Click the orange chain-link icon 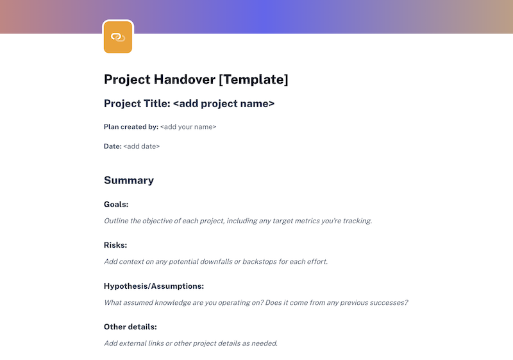coord(117,37)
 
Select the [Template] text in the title coord(253,80)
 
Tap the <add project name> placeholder coord(224,103)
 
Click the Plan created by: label coord(131,127)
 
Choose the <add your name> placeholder coord(189,127)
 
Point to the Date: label coord(112,146)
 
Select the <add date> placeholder coord(142,146)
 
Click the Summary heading coord(129,180)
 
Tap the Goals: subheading coord(116,205)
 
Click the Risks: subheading coord(115,245)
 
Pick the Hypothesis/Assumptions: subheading coord(154,286)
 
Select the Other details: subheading coord(130,327)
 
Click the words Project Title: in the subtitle coord(137,103)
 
